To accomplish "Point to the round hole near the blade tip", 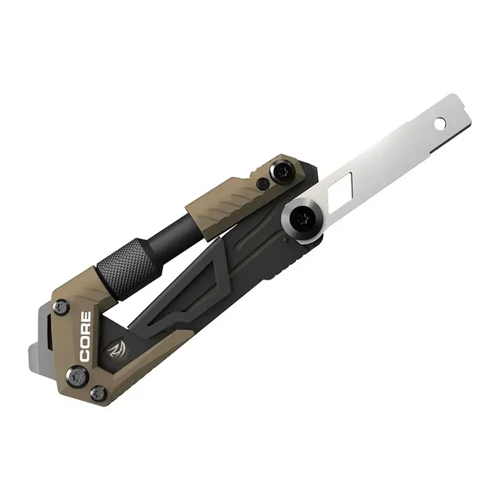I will (440, 125).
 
